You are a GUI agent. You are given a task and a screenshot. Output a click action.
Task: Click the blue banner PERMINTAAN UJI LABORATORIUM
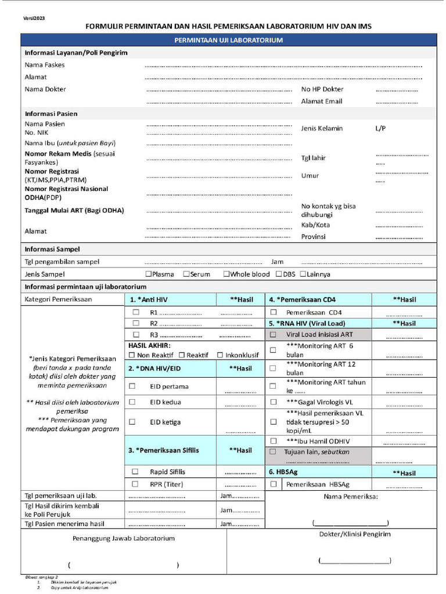click(x=228, y=41)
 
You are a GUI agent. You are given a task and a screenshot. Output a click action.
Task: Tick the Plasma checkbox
click(x=149, y=274)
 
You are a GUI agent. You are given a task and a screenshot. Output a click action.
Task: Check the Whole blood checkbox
click(x=226, y=274)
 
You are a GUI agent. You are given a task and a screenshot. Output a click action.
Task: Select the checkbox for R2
click(x=136, y=323)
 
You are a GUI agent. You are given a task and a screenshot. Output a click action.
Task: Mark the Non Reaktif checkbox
click(x=132, y=355)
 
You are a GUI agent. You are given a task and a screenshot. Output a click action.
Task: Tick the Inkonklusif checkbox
click(x=221, y=355)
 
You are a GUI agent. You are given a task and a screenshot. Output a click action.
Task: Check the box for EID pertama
click(x=132, y=386)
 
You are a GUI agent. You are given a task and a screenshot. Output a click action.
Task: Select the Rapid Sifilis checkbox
click(x=135, y=472)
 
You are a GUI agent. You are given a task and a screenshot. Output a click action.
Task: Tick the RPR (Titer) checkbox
click(x=135, y=484)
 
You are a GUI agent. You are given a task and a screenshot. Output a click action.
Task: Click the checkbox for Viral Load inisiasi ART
click(x=273, y=335)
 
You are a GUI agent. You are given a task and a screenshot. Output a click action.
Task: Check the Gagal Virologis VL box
click(x=273, y=402)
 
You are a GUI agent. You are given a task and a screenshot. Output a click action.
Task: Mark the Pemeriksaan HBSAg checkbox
click(x=273, y=484)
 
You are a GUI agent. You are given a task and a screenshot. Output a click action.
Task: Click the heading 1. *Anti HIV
click(x=149, y=300)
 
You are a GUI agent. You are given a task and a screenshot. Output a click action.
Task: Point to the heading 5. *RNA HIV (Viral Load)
click(x=307, y=323)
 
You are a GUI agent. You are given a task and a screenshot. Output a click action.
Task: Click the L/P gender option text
click(x=381, y=128)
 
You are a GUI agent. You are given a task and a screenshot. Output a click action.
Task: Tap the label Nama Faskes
click(x=45, y=65)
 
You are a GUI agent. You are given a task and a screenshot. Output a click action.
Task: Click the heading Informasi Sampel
click(x=52, y=249)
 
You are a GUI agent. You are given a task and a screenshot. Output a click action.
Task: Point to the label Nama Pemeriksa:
click(x=351, y=497)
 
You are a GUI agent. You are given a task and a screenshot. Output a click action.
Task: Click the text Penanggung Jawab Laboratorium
click(x=123, y=538)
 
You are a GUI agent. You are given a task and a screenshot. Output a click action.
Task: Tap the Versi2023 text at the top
click(x=34, y=19)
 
